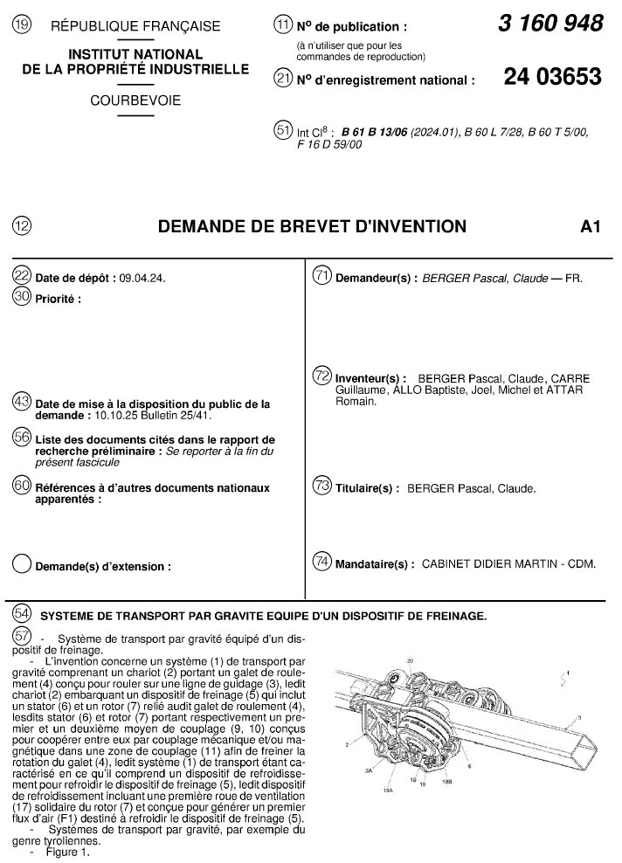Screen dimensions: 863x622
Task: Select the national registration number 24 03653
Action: click(x=552, y=77)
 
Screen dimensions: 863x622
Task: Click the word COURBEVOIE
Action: click(x=135, y=100)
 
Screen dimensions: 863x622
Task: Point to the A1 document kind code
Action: click(x=591, y=227)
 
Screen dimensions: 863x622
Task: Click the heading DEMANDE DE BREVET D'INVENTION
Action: click(x=311, y=227)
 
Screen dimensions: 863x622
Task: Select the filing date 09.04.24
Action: click(x=142, y=278)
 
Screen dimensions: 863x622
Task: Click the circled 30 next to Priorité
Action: click(x=22, y=297)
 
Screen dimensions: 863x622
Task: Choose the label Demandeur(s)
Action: click(x=377, y=278)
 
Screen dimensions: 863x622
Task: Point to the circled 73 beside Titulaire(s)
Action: click(x=321, y=487)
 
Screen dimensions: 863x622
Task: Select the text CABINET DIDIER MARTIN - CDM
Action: click(x=509, y=564)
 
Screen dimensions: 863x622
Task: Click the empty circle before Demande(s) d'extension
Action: click(x=22, y=564)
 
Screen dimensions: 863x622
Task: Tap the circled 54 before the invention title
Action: click(x=22, y=614)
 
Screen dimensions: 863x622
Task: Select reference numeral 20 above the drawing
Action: click(x=410, y=661)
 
